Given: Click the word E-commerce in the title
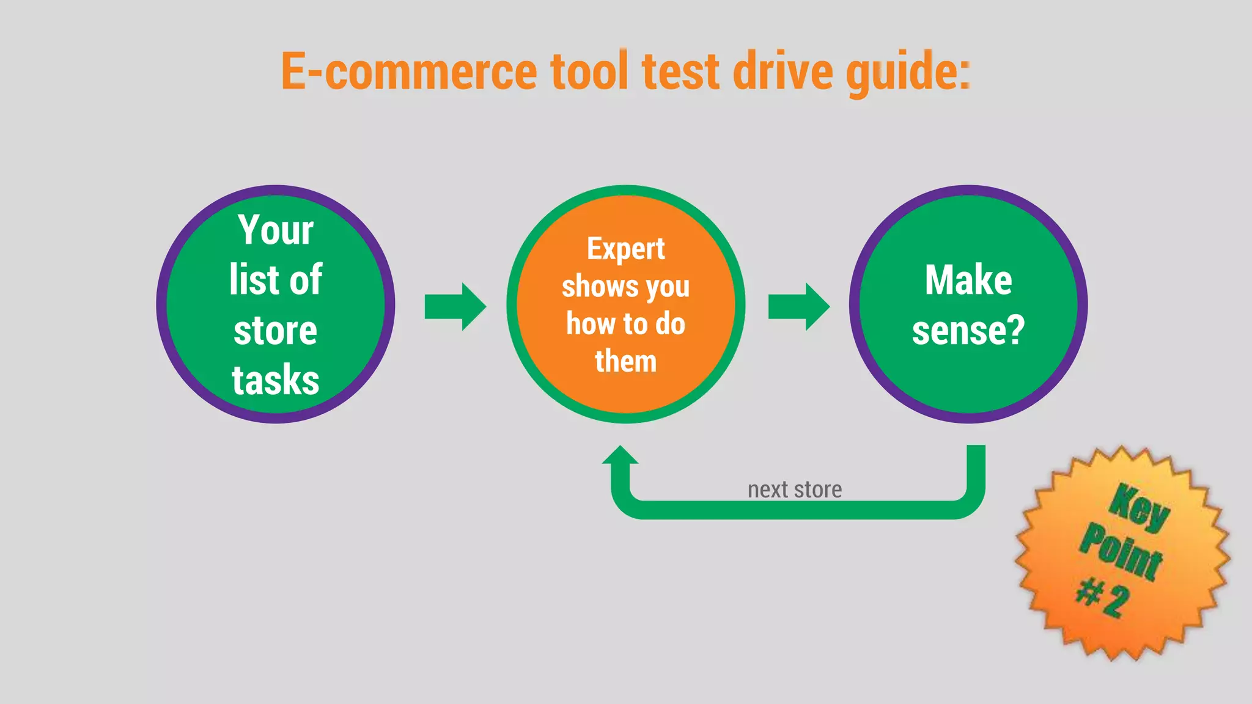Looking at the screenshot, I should click(408, 71).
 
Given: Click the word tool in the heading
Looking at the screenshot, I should click(589, 71).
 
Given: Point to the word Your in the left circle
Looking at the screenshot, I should click(276, 230).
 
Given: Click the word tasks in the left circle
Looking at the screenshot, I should click(276, 380).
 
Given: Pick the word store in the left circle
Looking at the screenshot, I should click(276, 331).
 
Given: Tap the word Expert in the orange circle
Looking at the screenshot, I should click(625, 249).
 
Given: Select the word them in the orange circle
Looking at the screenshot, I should click(625, 361).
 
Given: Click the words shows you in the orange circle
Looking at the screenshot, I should click(625, 287).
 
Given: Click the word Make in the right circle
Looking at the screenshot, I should click(968, 280).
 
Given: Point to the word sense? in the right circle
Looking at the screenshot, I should click(968, 331).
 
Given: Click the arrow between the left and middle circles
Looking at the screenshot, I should click(455, 306).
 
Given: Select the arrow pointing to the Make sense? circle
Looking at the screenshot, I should click(798, 306).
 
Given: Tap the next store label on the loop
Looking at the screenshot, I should click(795, 490).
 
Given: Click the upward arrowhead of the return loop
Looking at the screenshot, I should click(620, 457).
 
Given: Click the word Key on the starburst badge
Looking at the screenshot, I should click(1139, 507).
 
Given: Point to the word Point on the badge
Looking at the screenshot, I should click(1121, 552).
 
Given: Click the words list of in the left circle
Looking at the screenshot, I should click(276, 280).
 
